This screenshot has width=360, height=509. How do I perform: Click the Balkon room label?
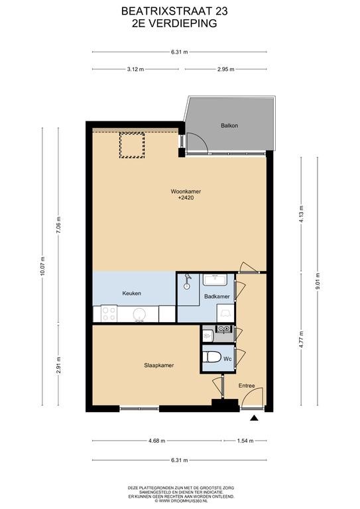click(229, 125)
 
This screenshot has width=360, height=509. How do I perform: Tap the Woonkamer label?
click(186, 192)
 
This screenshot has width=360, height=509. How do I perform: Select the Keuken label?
click(131, 293)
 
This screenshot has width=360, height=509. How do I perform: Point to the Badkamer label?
click(217, 296)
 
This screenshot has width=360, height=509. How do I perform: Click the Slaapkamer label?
click(158, 365)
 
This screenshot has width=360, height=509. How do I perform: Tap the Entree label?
click(247, 386)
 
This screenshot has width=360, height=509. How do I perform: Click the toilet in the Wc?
click(211, 357)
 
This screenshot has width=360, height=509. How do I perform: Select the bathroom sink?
click(215, 280)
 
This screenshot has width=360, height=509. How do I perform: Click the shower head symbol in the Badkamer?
click(187, 282)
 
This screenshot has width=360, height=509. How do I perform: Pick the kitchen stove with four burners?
click(109, 313)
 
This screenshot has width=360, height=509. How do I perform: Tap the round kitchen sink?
click(139, 314)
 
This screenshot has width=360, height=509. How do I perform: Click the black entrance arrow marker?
click(254, 418)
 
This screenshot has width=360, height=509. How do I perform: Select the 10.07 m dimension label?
click(42, 266)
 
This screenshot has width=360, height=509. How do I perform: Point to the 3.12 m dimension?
click(135, 69)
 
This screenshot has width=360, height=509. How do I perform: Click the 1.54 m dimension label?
click(245, 441)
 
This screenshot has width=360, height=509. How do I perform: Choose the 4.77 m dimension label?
click(301, 339)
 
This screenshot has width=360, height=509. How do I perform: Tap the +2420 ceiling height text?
click(186, 198)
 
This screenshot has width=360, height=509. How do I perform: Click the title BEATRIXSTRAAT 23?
click(174, 11)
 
